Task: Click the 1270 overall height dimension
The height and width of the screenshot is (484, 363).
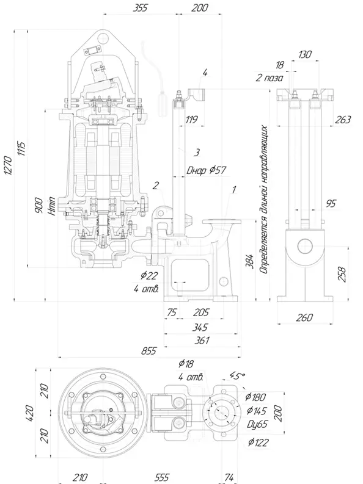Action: tap(9, 165)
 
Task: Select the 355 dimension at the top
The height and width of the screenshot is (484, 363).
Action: tap(141, 8)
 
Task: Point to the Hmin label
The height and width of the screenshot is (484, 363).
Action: tap(53, 206)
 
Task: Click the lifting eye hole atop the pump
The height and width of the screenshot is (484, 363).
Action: tap(102, 38)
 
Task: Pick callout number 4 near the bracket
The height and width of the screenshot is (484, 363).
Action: tap(205, 73)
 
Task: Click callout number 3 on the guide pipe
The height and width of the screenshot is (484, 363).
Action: tap(197, 152)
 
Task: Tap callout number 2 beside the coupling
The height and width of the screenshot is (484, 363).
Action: tap(156, 185)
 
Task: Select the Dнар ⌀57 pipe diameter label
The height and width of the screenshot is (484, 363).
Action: tap(207, 170)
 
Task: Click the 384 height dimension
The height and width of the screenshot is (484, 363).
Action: tap(250, 262)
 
